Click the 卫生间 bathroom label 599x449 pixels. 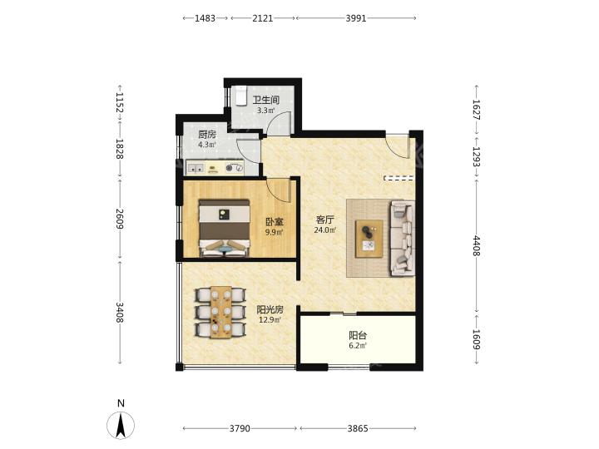266,100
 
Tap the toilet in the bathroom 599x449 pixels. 240,95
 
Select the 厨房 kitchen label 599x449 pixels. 207,135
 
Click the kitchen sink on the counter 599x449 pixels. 195,168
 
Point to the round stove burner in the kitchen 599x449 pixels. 230,167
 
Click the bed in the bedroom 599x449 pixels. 225,228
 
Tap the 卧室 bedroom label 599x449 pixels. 275,221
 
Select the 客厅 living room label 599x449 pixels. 325,220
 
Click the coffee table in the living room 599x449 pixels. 369,239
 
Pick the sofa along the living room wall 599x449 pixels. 403,238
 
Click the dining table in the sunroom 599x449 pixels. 220,313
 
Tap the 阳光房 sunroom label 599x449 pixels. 270,309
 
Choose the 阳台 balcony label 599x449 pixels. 358,336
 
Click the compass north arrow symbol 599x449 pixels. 121,426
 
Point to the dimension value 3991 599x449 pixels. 356,18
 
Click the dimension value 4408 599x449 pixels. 477,246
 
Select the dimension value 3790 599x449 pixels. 240,428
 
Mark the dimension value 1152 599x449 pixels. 120,103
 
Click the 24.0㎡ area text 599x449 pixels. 325,229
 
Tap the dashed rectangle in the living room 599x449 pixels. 399,178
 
